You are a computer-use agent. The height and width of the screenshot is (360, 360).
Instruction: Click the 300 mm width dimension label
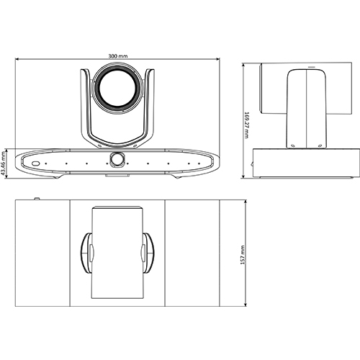point(118,55)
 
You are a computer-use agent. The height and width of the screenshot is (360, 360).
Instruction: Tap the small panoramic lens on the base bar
point(117,159)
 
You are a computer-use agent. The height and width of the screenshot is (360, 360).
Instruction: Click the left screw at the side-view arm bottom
point(293,145)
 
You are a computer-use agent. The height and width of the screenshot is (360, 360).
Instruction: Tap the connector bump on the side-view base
point(251,164)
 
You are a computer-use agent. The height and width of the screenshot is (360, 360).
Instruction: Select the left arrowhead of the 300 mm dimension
point(17,60)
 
